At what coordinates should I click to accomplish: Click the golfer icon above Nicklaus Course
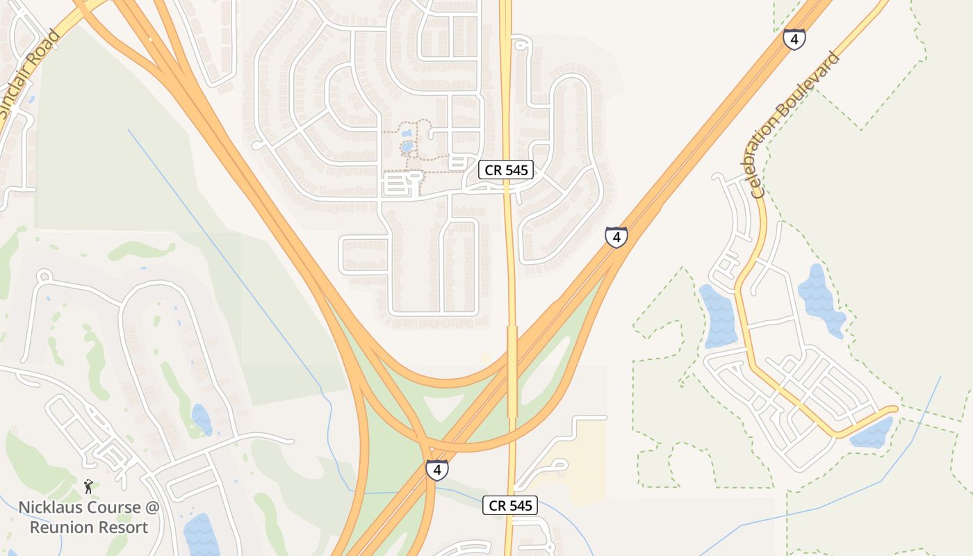pos(88,486)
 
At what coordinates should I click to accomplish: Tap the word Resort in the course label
pos(125,528)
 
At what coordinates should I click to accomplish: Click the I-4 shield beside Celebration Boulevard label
pos(794,38)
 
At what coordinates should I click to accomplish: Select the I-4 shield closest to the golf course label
pos(436,470)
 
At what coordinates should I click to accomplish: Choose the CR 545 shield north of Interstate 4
pos(505,170)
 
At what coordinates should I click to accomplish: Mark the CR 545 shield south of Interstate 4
pos(510,505)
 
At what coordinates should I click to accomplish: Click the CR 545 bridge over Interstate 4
pos(512,372)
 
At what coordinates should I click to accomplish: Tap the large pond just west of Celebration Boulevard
pos(719,316)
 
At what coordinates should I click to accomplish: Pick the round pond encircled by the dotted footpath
pos(407,147)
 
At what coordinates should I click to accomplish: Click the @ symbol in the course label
pos(152,507)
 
